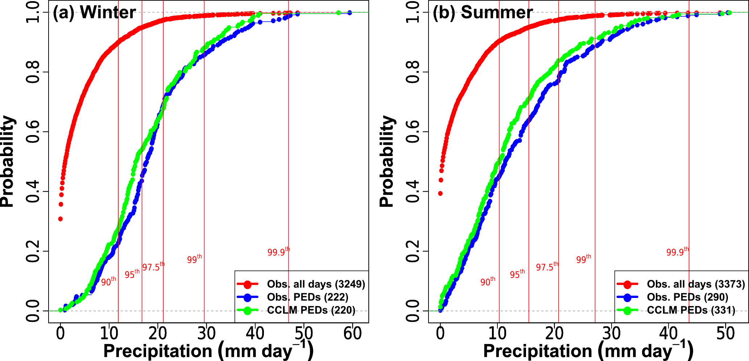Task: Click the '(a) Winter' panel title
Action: [94, 13]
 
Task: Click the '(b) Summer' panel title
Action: [483, 13]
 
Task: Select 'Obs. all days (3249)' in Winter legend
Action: [316, 284]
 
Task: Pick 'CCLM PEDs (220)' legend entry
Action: [311, 310]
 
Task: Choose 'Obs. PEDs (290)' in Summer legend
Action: [687, 297]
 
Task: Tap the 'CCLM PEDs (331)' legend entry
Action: [691, 310]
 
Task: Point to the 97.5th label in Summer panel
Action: [547, 267]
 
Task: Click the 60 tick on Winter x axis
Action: [352, 333]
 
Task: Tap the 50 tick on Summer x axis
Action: [725, 333]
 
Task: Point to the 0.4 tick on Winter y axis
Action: [33, 192]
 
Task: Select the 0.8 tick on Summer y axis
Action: [413, 72]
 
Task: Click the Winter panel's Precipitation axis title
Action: [208, 351]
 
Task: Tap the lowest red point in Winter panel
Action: [61, 219]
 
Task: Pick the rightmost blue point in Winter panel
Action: [349, 13]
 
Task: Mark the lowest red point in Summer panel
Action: [440, 193]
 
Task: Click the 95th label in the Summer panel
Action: [517, 274]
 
